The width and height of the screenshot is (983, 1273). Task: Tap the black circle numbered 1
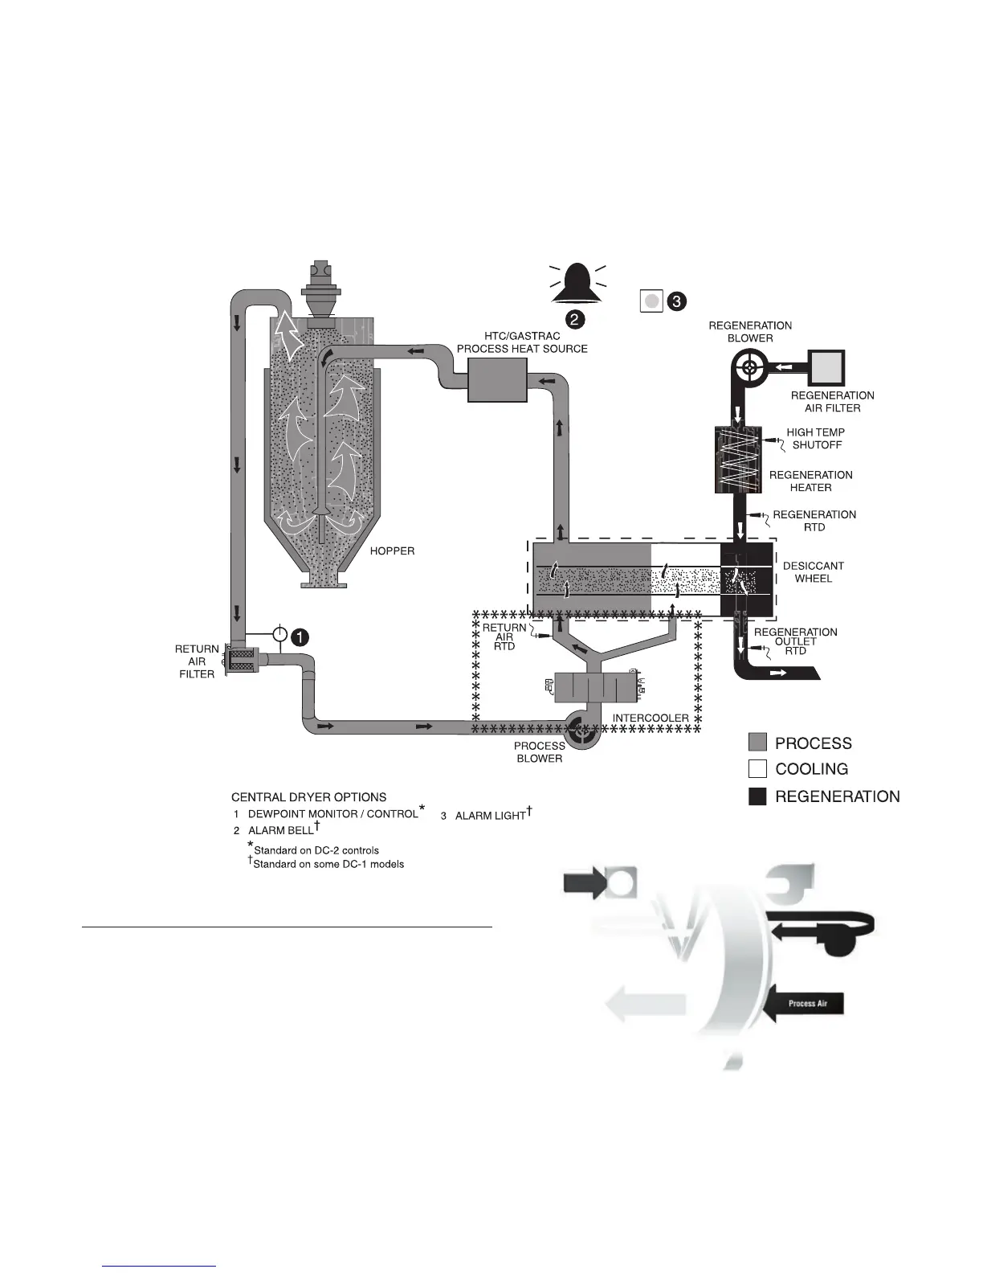[x=298, y=636]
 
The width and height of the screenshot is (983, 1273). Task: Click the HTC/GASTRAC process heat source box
[x=496, y=380]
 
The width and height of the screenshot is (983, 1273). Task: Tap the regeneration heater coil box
[x=737, y=460]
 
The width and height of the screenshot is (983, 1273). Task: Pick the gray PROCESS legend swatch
[x=757, y=743]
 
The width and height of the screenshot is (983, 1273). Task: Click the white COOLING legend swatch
[x=757, y=769]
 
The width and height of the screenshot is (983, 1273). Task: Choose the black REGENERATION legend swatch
[x=757, y=796]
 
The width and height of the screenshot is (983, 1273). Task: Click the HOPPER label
[x=392, y=552]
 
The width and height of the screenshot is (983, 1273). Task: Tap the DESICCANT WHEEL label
[x=813, y=572]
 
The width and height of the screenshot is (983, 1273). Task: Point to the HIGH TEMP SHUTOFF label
[x=815, y=439]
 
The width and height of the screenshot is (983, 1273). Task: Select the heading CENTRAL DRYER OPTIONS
[x=308, y=797]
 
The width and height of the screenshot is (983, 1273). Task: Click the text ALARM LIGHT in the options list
[x=490, y=816]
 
